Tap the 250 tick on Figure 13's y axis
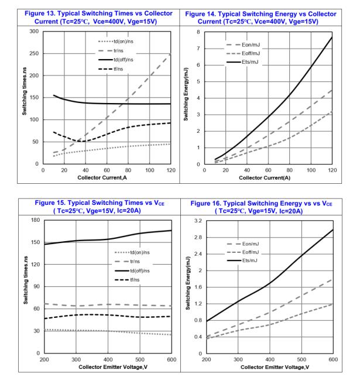coord(35,53)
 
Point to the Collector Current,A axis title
coord(107,177)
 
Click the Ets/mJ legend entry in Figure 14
coord(250,62)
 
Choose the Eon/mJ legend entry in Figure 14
coord(250,44)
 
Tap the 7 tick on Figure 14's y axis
coord(198,49)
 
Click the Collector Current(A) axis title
coord(268,177)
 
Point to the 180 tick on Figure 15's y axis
coord(35,220)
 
